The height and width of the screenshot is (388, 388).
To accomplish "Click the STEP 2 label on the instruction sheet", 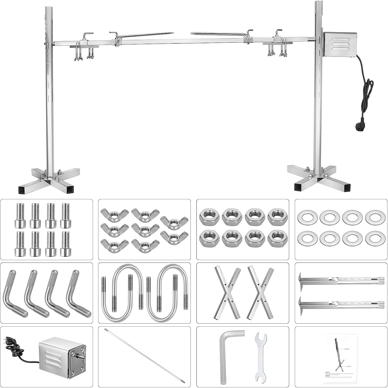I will click(347, 349).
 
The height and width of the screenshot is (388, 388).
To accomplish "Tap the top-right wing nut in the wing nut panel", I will click(174, 222).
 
